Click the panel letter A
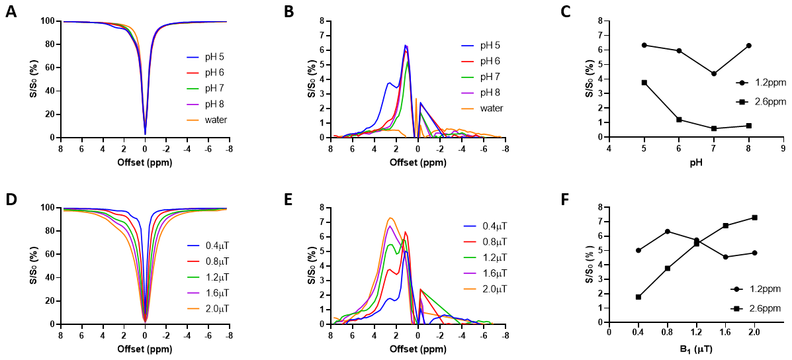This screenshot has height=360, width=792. (11, 13)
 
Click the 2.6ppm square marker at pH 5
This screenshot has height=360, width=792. (644, 83)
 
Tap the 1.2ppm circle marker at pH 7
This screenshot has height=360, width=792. (714, 73)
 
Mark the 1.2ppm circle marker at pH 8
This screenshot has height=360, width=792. (748, 46)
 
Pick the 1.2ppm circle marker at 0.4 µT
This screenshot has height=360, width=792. (638, 250)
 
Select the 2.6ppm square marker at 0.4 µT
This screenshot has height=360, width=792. (638, 296)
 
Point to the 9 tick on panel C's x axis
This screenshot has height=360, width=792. (783, 150)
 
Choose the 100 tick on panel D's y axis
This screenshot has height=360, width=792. (49, 208)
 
